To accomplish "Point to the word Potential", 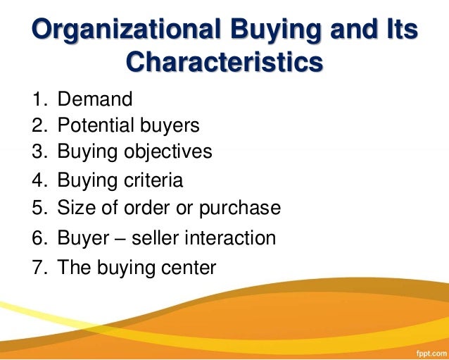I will point(100,126).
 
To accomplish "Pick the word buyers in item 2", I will point(173,126).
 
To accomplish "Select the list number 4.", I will point(38,180).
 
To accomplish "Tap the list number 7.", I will point(38,268).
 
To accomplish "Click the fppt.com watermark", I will point(427,350).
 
